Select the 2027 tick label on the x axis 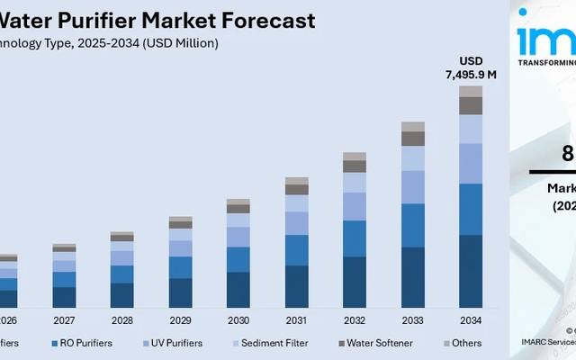pos(65,320)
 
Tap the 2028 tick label pos(122,320)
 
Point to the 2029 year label pos(180,320)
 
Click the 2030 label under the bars pos(238,320)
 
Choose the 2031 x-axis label pos(297,320)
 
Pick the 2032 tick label pos(355,320)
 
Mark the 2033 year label pos(413,320)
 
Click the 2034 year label pos(471,320)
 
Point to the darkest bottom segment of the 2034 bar pos(471,271)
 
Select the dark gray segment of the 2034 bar pos(471,105)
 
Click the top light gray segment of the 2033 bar pos(413,127)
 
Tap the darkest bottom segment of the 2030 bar pos(238,289)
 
